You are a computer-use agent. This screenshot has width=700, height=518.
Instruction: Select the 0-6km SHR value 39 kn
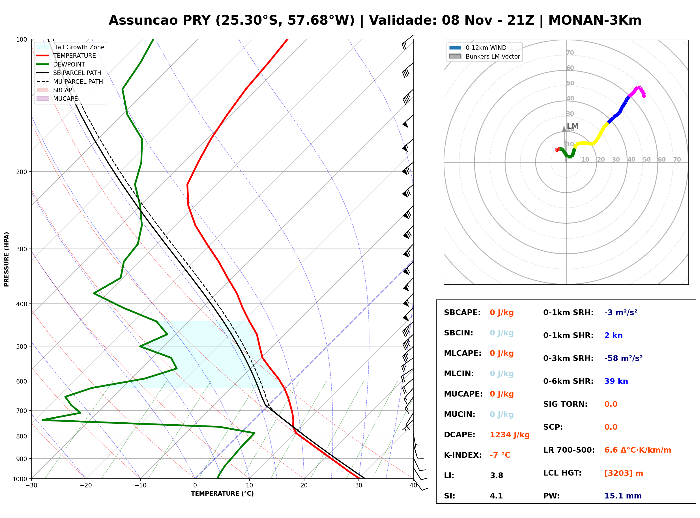tap(616, 381)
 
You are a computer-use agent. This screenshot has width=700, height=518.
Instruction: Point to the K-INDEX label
tap(463, 455)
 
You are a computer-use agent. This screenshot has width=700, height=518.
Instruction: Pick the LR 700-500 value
tap(638, 450)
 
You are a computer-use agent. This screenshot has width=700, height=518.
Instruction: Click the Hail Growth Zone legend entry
tap(70, 47)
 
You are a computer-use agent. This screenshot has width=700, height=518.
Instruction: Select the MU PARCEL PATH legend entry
tap(70, 82)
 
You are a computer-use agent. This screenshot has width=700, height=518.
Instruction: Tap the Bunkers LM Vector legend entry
tap(484, 56)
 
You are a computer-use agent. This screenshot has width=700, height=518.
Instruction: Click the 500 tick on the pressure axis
tap(22, 346)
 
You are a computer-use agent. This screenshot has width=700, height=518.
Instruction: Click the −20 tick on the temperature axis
tap(86, 485)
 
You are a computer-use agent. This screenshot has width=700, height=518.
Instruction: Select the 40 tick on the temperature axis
tap(413, 485)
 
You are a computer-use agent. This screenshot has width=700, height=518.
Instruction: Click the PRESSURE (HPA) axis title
tap(7, 259)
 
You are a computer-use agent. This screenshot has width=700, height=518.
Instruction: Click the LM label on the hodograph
tap(573, 126)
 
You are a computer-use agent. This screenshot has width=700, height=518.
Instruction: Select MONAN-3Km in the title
tap(595, 20)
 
